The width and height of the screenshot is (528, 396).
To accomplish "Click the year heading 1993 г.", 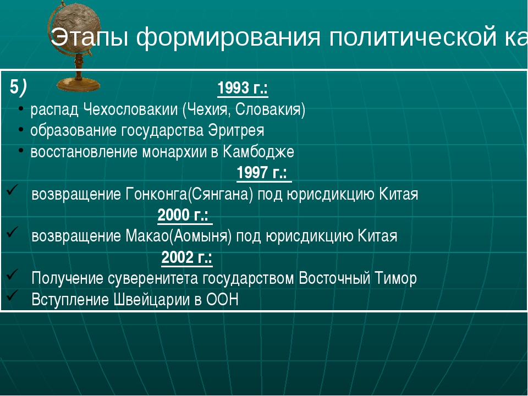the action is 243,88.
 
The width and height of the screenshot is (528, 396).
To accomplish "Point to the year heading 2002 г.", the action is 187,257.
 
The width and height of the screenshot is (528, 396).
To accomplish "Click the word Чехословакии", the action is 130,109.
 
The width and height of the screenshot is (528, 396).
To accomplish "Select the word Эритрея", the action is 236,131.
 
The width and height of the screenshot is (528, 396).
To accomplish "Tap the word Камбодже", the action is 258,152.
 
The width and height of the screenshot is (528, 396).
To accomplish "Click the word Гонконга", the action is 156,194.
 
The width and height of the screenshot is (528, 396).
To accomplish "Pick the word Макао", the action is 147,236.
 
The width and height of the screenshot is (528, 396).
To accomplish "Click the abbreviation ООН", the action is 222,300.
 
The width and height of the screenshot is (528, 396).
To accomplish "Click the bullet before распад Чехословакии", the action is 21,109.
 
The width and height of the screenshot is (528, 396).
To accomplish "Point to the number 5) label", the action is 18,87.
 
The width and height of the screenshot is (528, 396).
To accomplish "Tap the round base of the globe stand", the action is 79,85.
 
